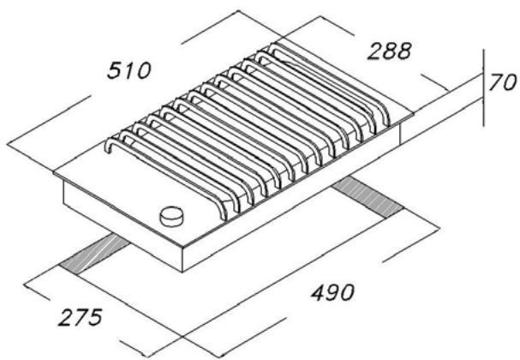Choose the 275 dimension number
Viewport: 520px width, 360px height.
pyautogui.click(x=80, y=315)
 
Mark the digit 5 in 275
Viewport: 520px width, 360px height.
pyautogui.click(x=97, y=315)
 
